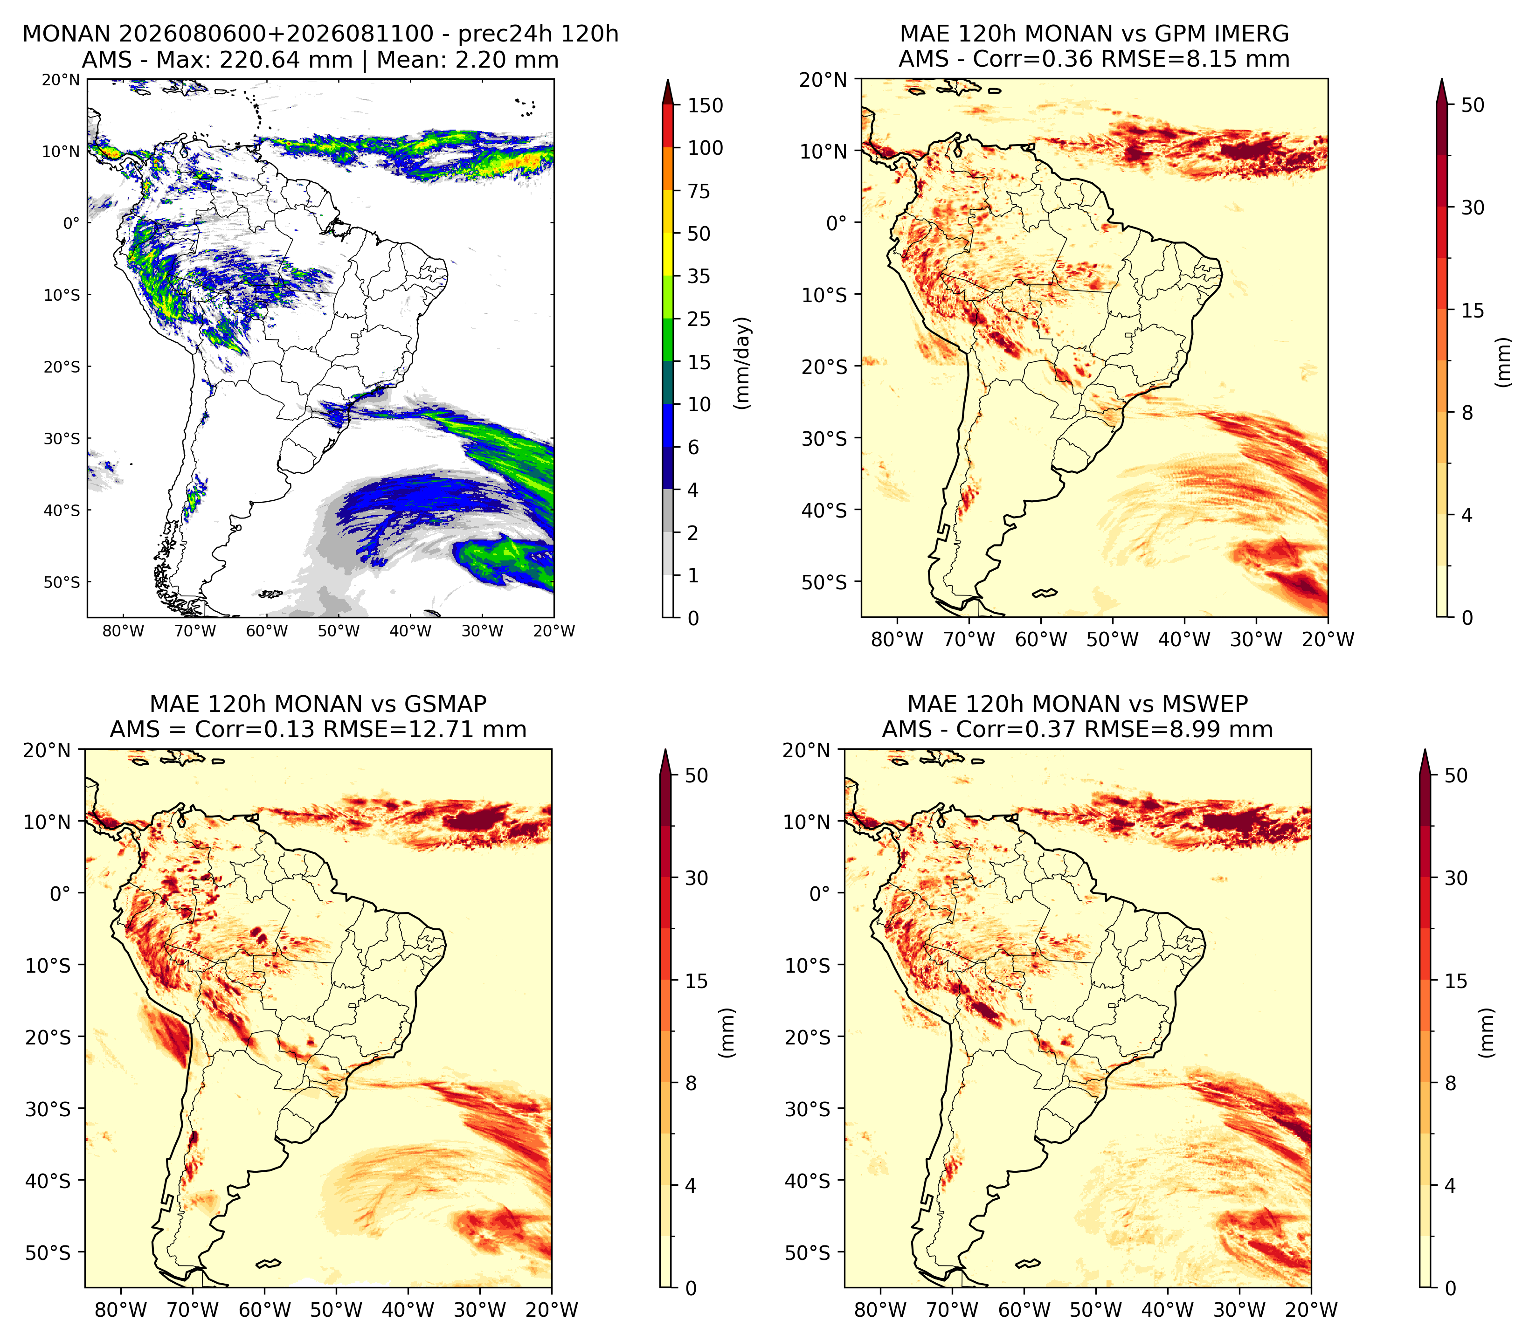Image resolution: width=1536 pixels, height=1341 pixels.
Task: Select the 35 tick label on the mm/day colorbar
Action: [699, 276]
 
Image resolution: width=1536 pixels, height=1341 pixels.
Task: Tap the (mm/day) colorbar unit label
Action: [742, 363]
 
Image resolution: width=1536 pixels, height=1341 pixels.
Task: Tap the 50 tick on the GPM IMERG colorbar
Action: [1473, 105]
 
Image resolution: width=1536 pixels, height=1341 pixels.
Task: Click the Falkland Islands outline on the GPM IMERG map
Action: [1045, 594]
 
